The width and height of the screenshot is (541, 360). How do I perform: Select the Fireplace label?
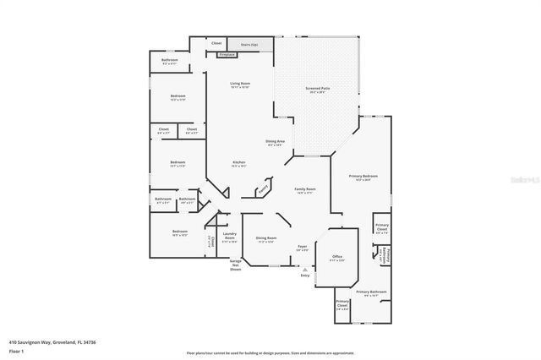click(227, 54)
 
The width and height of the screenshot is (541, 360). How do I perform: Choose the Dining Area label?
click(276, 143)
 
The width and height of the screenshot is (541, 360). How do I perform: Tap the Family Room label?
click(304, 190)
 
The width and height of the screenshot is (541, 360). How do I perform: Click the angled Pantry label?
click(262, 188)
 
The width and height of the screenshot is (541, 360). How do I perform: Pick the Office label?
click(336, 257)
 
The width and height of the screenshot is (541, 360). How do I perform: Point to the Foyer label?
click(302, 248)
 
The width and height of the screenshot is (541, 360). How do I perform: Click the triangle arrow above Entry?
click(304, 269)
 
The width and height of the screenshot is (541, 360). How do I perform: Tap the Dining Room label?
click(266, 239)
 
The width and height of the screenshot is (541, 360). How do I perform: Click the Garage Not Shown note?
click(236, 265)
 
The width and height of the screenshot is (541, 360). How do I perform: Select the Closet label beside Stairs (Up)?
click(216, 42)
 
